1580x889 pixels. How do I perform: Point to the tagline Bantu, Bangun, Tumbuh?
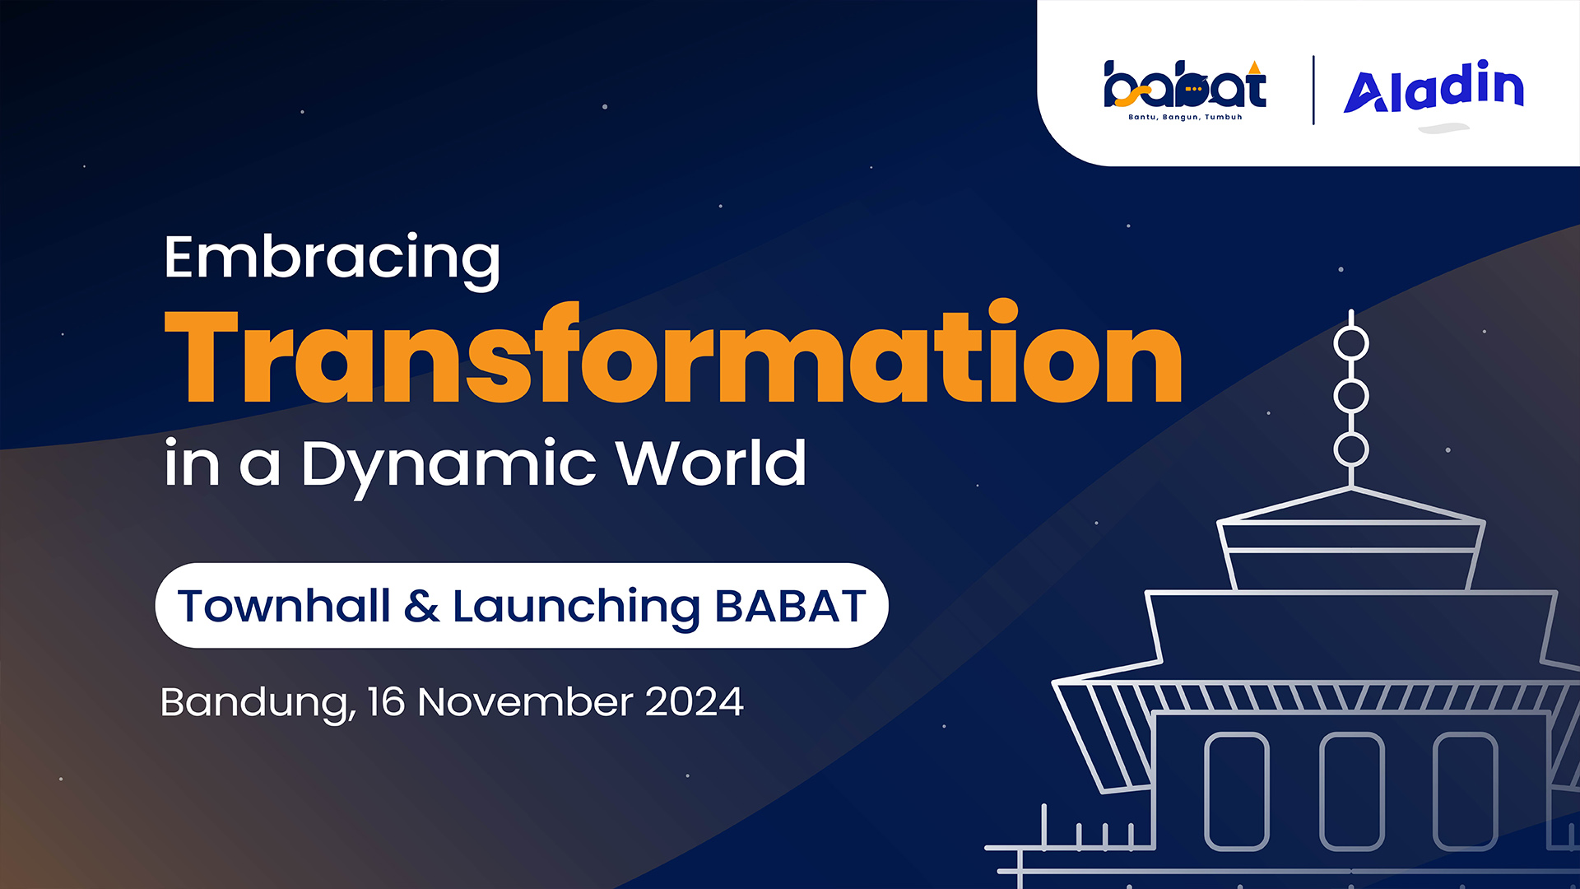point(1185,117)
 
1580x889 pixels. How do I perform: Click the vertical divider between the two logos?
point(1313,90)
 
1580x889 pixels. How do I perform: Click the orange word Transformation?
point(673,352)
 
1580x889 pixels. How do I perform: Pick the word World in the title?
point(711,463)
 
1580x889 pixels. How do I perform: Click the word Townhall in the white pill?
point(284,606)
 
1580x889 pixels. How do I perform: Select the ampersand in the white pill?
point(421,607)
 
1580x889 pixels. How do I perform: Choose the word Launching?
point(576,608)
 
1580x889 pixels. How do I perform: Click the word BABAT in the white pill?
point(790,607)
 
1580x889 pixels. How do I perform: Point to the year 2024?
point(695,702)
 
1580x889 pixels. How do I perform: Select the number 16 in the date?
point(387,702)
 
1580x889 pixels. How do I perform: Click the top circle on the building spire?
point(1351,327)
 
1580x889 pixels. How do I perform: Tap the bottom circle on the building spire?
point(1351,433)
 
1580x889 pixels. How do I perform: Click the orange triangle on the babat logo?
point(1254,67)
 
